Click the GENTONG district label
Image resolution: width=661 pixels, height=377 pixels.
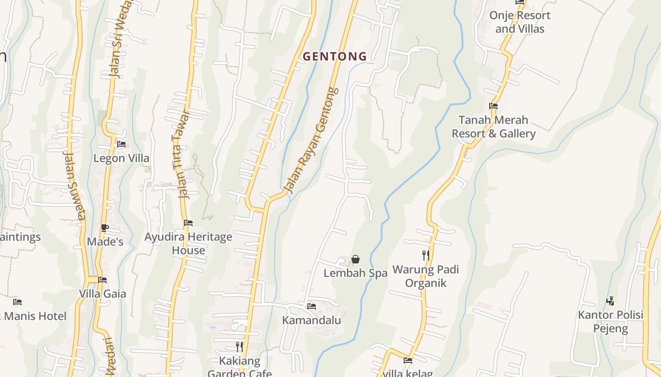[x=335, y=57]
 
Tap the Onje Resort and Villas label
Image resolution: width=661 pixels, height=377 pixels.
[x=519, y=22]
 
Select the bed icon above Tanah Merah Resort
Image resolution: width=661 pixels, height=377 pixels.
[x=493, y=106]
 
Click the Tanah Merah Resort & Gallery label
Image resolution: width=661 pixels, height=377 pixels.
[x=493, y=127]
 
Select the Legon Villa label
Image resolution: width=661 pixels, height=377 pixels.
[x=121, y=158]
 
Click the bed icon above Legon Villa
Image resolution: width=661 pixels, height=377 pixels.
[x=121, y=144]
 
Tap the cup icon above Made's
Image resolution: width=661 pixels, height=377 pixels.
[x=105, y=228]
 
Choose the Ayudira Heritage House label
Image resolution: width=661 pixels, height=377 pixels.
[x=188, y=243]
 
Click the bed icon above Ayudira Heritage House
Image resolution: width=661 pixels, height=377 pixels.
[x=188, y=223]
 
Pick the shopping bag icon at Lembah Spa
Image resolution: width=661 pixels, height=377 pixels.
[x=356, y=259]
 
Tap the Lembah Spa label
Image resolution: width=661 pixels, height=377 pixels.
[x=356, y=273]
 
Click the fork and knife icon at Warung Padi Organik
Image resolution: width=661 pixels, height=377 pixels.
[x=426, y=255]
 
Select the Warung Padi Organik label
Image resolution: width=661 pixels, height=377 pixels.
[x=426, y=277]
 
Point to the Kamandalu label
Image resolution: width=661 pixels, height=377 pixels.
[x=311, y=320]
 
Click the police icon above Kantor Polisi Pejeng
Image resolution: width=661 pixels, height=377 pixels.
[x=610, y=301]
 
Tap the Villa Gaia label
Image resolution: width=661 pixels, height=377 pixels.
[x=102, y=294]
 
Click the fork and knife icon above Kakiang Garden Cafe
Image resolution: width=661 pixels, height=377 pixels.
[x=239, y=347]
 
